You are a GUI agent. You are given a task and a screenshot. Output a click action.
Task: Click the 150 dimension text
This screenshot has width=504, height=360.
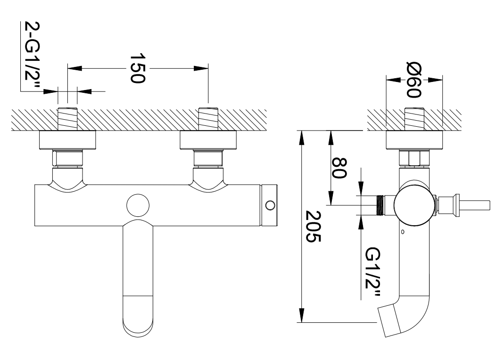[137, 69]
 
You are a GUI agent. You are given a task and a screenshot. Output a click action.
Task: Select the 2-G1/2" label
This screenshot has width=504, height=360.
[33, 57]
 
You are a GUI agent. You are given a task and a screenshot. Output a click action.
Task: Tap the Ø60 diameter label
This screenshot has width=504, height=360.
[413, 80]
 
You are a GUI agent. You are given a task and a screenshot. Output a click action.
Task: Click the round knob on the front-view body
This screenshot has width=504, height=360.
[138, 205]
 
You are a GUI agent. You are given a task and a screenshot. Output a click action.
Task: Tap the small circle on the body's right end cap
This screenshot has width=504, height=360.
[270, 205]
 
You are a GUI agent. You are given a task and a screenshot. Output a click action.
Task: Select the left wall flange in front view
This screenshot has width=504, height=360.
[67, 140]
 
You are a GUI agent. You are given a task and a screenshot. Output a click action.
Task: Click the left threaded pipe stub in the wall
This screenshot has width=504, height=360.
[67, 120]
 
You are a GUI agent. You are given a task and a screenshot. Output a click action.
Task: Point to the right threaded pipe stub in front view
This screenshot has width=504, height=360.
[208, 120]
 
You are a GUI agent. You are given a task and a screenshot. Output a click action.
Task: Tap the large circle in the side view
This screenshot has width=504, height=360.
[413, 205]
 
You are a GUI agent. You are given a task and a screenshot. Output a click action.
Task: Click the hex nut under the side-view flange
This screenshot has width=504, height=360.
[414, 158]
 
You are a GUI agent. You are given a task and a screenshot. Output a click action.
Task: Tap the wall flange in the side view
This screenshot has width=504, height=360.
[414, 141]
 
